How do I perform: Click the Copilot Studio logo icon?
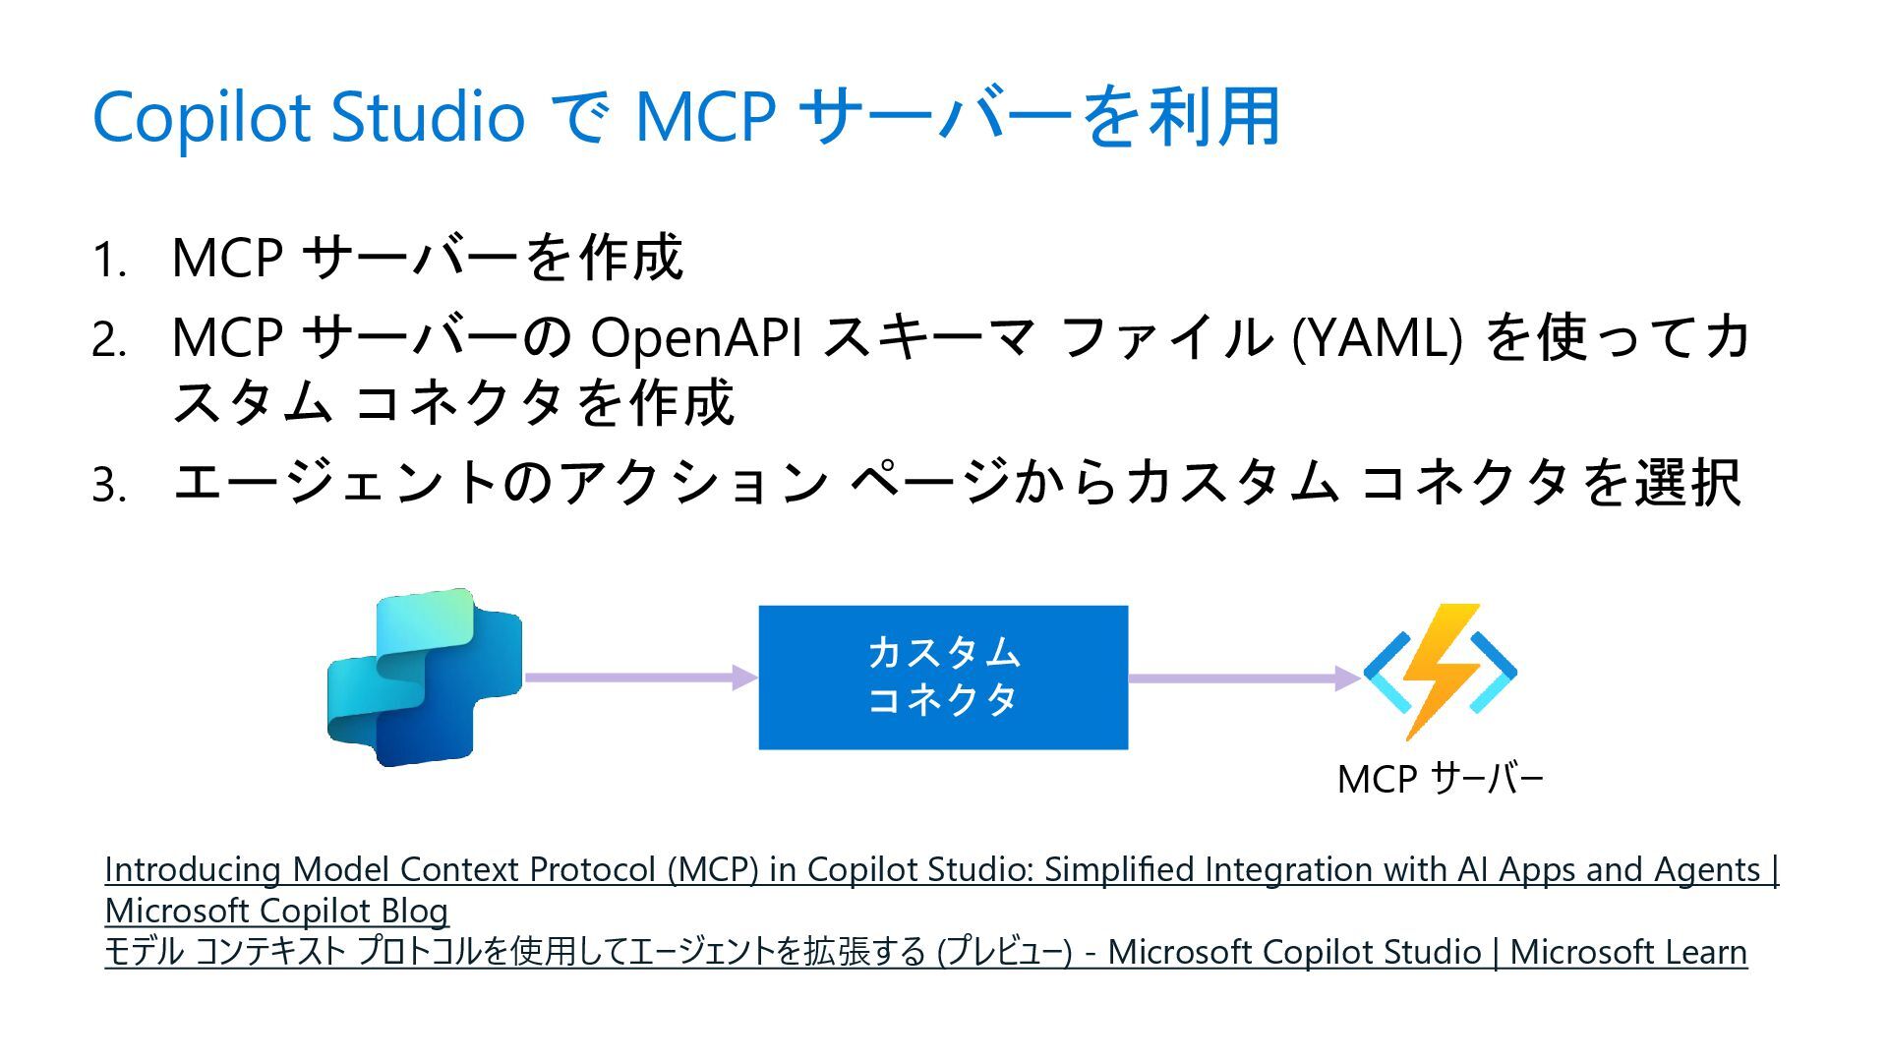point(424,678)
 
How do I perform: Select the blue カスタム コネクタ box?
point(943,678)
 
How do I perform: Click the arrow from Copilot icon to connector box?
point(640,678)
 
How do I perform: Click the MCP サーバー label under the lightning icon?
point(1440,780)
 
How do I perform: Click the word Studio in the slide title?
point(427,117)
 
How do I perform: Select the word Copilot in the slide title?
point(202,117)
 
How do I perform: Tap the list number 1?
point(108,262)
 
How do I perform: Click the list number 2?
point(108,341)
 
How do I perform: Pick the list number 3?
point(108,486)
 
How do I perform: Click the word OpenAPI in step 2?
point(695,337)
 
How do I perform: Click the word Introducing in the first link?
point(193,870)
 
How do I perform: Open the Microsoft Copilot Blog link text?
point(276,912)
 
